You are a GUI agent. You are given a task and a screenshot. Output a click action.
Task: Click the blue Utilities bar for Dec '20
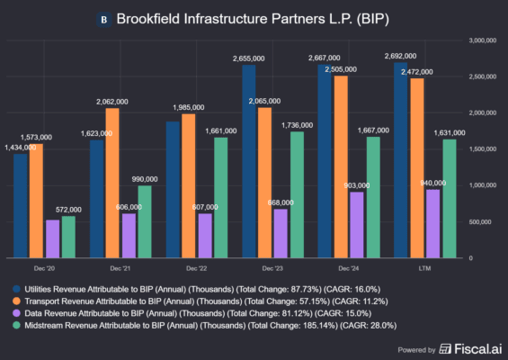click(20, 205)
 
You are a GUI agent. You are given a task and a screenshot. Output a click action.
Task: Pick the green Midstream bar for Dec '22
click(221, 197)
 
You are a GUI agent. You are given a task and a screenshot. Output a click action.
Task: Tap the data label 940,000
click(433, 183)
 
